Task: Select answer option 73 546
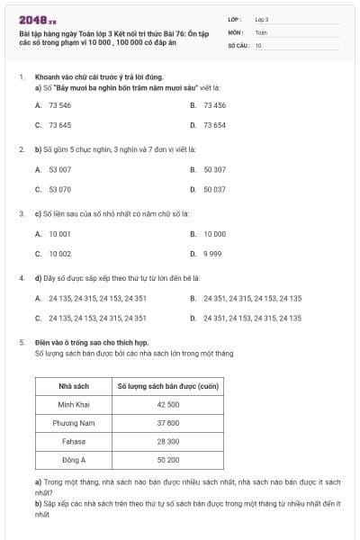59,105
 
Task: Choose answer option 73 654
214,125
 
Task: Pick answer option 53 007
59,169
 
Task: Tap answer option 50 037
214,189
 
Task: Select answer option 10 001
59,233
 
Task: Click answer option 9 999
212,253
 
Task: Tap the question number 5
21,342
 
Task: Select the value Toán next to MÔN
261,31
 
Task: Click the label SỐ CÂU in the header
238,44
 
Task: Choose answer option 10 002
59,253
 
